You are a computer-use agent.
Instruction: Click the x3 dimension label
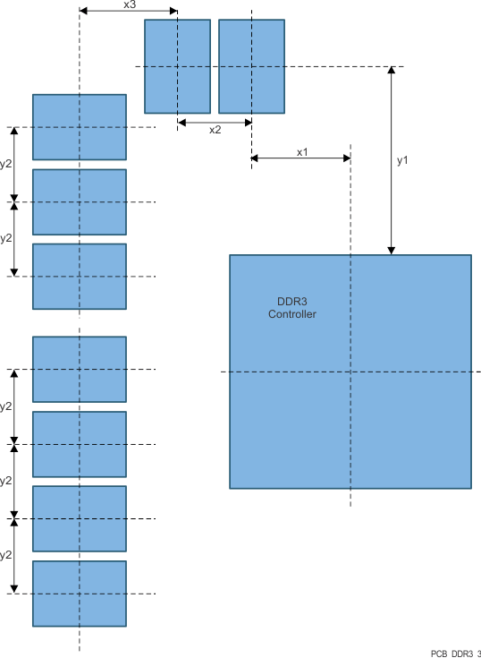(128, 4)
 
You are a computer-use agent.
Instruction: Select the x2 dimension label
(215, 130)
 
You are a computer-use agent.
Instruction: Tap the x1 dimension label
(302, 152)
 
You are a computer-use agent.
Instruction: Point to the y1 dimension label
(402, 160)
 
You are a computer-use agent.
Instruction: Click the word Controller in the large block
(292, 314)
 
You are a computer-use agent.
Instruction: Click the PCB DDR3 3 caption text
(455, 654)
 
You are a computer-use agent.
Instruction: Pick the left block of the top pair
(177, 66)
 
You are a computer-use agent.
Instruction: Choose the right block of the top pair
(251, 66)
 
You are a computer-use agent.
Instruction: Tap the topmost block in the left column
(80, 127)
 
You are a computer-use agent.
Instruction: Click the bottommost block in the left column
(80, 594)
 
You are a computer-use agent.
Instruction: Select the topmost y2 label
(6, 164)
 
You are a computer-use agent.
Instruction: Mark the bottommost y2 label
(6, 555)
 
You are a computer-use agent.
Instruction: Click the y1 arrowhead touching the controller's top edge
(392, 251)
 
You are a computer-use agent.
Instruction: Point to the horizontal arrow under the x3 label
(128, 12)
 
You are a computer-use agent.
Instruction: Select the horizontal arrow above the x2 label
(215, 121)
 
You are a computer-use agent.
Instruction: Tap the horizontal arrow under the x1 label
(300, 158)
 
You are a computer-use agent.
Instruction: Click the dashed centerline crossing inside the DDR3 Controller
(350, 372)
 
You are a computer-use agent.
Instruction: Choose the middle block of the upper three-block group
(80, 201)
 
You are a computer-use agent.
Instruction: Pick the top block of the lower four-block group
(80, 369)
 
